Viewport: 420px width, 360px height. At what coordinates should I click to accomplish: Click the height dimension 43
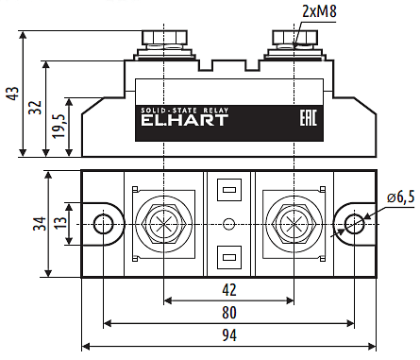12,94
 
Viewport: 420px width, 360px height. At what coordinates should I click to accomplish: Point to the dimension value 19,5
59,126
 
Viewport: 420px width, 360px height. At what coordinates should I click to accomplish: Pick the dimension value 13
59,224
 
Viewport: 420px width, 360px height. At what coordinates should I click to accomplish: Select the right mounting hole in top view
354,224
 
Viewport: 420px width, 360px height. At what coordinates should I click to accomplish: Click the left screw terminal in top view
164,224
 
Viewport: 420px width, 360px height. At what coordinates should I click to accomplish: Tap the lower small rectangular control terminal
227,256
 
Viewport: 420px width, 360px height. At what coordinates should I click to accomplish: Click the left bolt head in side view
164,40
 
